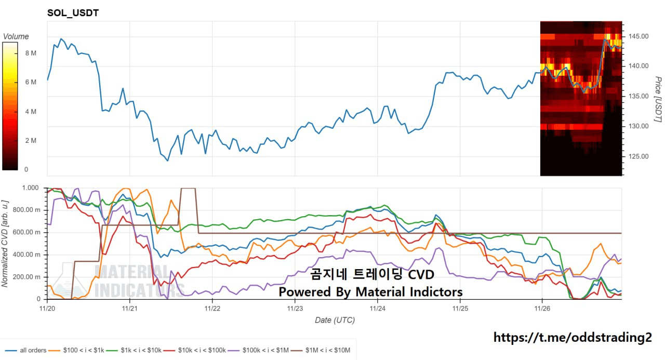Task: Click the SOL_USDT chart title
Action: click(73, 12)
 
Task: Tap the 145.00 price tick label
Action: click(638, 36)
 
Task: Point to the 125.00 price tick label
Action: click(638, 156)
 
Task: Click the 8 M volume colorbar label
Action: click(30, 54)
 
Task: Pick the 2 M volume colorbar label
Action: click(30, 141)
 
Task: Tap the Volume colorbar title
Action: click(16, 36)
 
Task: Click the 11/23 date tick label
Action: click(295, 309)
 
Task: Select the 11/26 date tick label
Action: click(542, 309)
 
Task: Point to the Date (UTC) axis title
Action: click(335, 320)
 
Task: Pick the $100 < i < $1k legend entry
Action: click(78, 351)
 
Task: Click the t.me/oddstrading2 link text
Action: click(572, 337)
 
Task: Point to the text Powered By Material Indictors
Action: click(370, 292)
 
